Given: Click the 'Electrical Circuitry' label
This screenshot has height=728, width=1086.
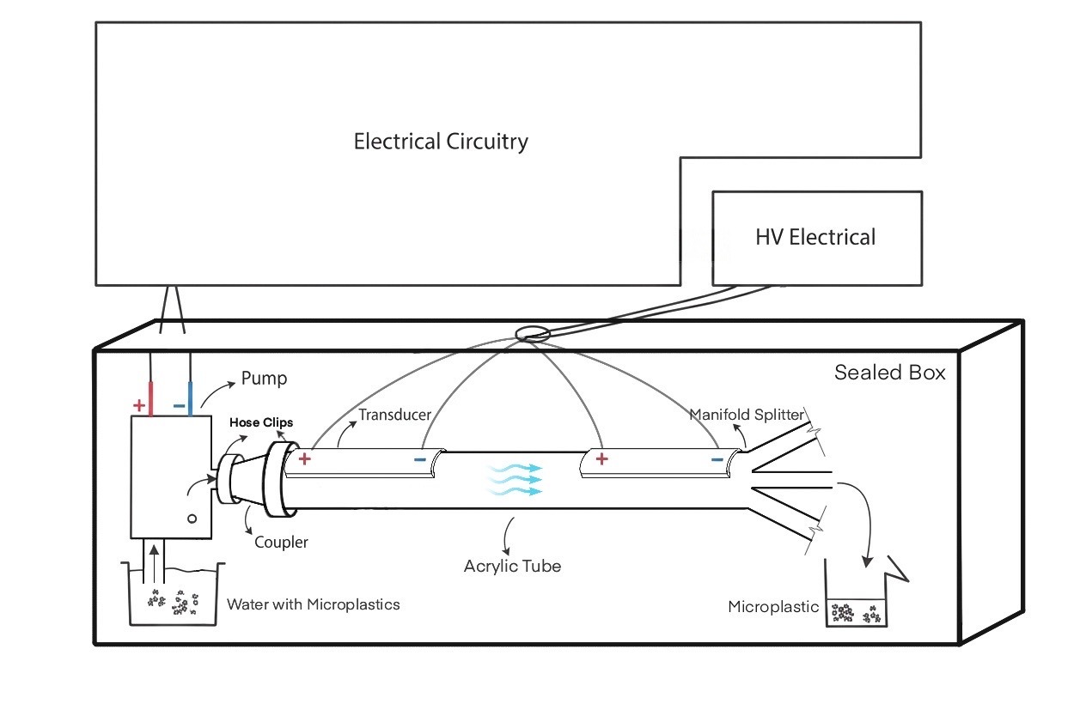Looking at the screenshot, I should pyautogui.click(x=441, y=142).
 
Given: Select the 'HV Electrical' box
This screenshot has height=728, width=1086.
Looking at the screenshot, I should pyautogui.click(x=816, y=238).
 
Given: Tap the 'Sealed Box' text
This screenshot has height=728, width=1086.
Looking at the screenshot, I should pyautogui.click(x=889, y=373).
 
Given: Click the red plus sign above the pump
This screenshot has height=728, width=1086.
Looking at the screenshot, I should pyautogui.click(x=138, y=404).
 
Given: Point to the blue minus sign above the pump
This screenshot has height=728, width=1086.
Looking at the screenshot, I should pyautogui.click(x=178, y=404).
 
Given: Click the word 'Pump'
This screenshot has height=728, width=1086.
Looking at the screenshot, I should pyautogui.click(x=263, y=378).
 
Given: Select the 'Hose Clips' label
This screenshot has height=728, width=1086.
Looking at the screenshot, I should pyautogui.click(x=261, y=422).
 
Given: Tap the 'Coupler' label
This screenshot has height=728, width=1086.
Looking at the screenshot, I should pyautogui.click(x=281, y=543).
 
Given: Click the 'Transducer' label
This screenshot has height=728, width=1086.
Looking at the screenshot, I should pyautogui.click(x=394, y=415).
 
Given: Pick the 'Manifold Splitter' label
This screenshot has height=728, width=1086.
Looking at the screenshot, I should pyautogui.click(x=746, y=416).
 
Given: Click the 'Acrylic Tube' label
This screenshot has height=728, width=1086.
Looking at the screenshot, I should pyautogui.click(x=512, y=566).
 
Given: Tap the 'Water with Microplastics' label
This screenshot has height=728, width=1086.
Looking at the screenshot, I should pyautogui.click(x=313, y=604).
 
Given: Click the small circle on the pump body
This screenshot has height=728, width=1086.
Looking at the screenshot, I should pyautogui.click(x=192, y=519).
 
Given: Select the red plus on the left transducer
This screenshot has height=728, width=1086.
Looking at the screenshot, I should pyautogui.click(x=304, y=459).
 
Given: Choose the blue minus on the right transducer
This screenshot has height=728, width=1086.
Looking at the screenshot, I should pyautogui.click(x=717, y=459).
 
